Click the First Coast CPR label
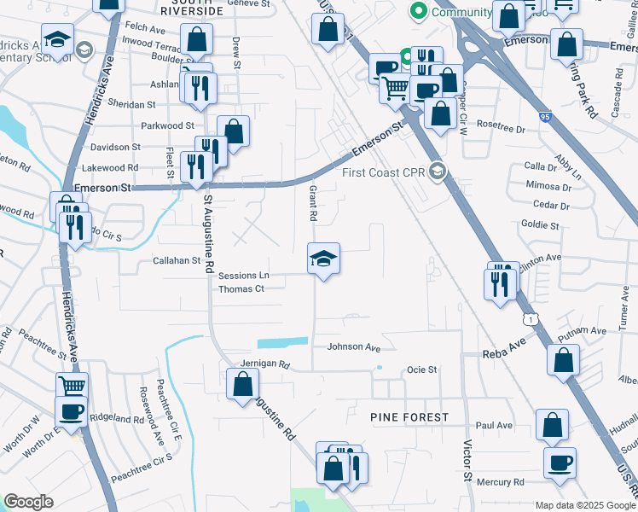click(384, 172)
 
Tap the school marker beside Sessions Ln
click(323, 259)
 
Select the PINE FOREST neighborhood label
click(409, 416)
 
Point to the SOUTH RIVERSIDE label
click(192, 11)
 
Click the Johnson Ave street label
click(353, 347)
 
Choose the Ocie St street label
click(421, 369)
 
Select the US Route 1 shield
click(532, 318)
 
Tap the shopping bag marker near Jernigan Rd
click(242, 385)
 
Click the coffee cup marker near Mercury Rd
click(560, 463)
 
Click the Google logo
click(29, 501)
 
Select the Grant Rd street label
click(313, 204)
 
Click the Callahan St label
click(176, 261)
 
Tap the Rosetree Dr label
click(501, 125)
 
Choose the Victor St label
click(467, 459)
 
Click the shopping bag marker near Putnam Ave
click(564, 361)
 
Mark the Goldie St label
click(539, 226)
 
